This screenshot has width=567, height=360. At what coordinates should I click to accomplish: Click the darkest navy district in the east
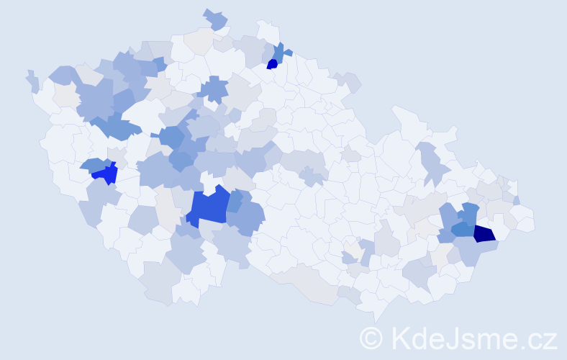tap(484, 233)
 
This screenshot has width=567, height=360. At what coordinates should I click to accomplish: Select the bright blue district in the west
tap(105, 174)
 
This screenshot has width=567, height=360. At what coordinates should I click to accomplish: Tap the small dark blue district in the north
tap(273, 63)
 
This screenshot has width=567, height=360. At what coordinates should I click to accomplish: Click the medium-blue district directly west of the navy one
tap(463, 230)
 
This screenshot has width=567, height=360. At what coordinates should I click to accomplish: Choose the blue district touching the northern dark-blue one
tap(278, 51)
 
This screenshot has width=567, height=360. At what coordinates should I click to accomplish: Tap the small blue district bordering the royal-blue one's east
tap(235, 201)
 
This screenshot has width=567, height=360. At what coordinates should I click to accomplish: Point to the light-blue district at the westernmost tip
tap(32, 81)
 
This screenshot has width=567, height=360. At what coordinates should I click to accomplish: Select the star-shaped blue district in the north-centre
tap(213, 89)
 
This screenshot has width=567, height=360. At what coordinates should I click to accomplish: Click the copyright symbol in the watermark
tap(372, 338)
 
